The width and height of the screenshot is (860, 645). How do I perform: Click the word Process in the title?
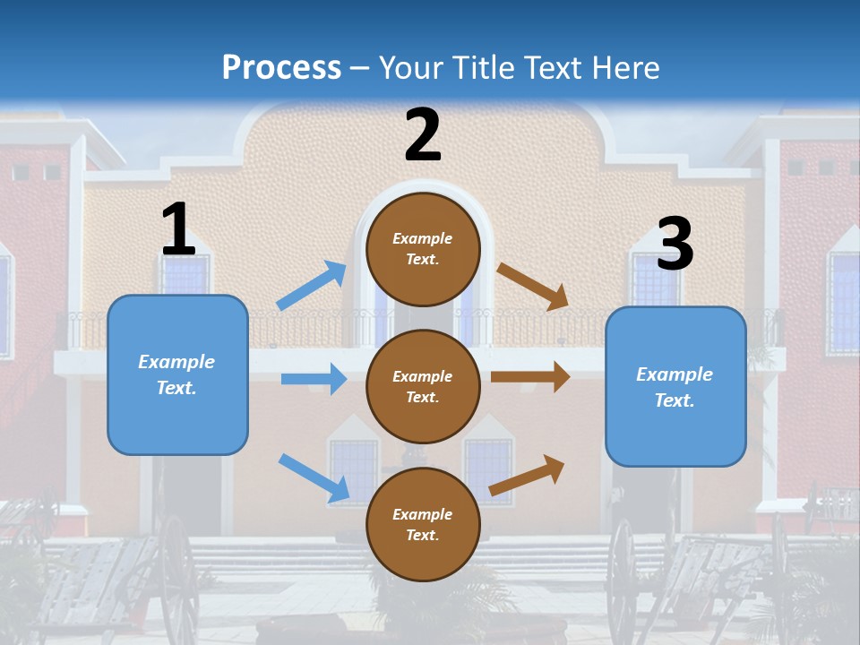(281, 68)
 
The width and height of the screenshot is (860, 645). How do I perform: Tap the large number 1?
(179, 228)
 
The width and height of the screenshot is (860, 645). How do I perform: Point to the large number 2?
(423, 134)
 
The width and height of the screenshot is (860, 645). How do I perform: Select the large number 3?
(675, 243)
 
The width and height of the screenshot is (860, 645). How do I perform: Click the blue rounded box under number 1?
(177, 375)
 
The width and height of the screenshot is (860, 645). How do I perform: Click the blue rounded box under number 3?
(675, 387)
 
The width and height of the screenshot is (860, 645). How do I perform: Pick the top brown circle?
(423, 250)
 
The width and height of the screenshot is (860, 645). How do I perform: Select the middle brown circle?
(423, 387)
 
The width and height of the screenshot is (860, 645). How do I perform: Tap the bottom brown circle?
(423, 524)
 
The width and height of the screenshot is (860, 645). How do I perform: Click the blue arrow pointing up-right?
(311, 285)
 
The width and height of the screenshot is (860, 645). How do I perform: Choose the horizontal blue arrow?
(314, 378)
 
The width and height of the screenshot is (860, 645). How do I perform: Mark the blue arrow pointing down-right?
(314, 478)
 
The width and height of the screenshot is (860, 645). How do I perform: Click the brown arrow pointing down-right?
(532, 287)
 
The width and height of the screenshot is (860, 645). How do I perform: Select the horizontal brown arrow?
(530, 377)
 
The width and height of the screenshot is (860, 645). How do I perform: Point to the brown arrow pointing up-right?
(527, 476)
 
